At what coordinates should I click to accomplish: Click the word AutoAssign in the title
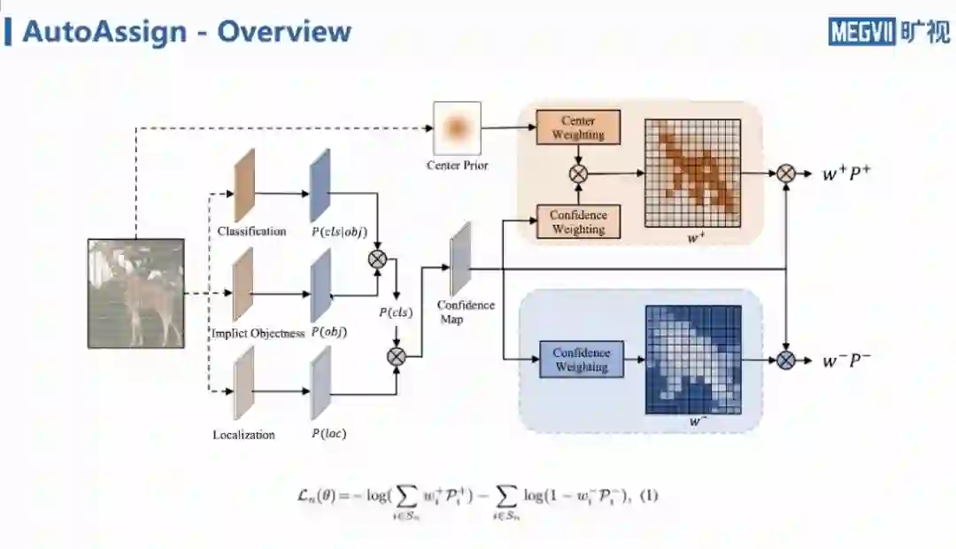tap(104, 32)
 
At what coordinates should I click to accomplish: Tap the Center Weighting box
tap(578, 128)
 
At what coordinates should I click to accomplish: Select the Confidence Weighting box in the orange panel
tap(578, 222)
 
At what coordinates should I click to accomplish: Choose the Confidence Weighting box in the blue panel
tap(581, 360)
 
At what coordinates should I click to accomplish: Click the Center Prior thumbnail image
tap(457, 128)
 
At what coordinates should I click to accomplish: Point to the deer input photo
tap(136, 292)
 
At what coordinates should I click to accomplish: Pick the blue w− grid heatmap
tap(692, 359)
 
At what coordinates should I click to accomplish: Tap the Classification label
tap(252, 231)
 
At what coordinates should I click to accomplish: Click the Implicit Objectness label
tap(258, 333)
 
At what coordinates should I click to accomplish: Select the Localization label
tap(243, 435)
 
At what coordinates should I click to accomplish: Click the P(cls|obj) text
tap(339, 232)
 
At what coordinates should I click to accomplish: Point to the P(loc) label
tap(328, 434)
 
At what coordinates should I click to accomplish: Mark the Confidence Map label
tap(466, 312)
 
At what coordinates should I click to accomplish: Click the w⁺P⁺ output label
tap(846, 174)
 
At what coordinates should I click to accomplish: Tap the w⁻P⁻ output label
tap(846, 360)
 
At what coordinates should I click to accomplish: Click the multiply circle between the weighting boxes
tap(578, 174)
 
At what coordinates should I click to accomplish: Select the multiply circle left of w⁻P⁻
tap(786, 360)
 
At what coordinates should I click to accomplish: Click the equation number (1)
tap(649, 496)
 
